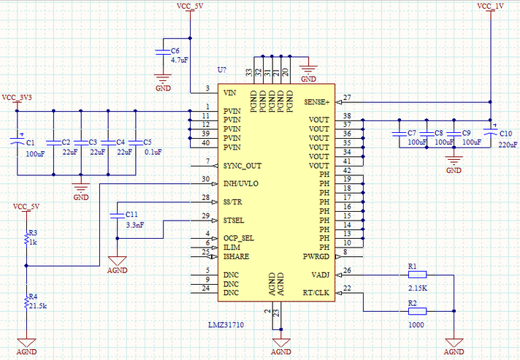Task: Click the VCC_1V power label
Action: click(x=490, y=6)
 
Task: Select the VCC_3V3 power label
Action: click(x=18, y=97)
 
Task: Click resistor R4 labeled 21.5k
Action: click(x=26, y=300)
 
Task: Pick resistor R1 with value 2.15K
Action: click(x=416, y=275)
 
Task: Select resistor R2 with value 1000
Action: click(x=416, y=310)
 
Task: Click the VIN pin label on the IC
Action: click(x=230, y=93)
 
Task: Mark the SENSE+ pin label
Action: click(x=317, y=102)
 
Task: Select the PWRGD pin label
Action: click(x=316, y=256)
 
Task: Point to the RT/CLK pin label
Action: click(x=316, y=293)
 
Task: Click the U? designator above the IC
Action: click(x=222, y=69)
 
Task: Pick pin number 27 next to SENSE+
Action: click(x=347, y=98)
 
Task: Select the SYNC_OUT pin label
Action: click(x=242, y=166)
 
